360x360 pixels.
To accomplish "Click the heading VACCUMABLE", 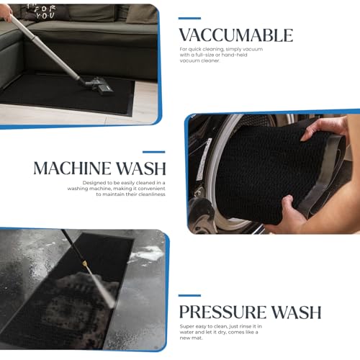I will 235,35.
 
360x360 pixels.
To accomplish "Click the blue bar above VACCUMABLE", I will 189,18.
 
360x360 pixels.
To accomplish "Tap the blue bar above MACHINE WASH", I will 153,152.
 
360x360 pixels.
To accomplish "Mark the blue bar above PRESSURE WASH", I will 189,295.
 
